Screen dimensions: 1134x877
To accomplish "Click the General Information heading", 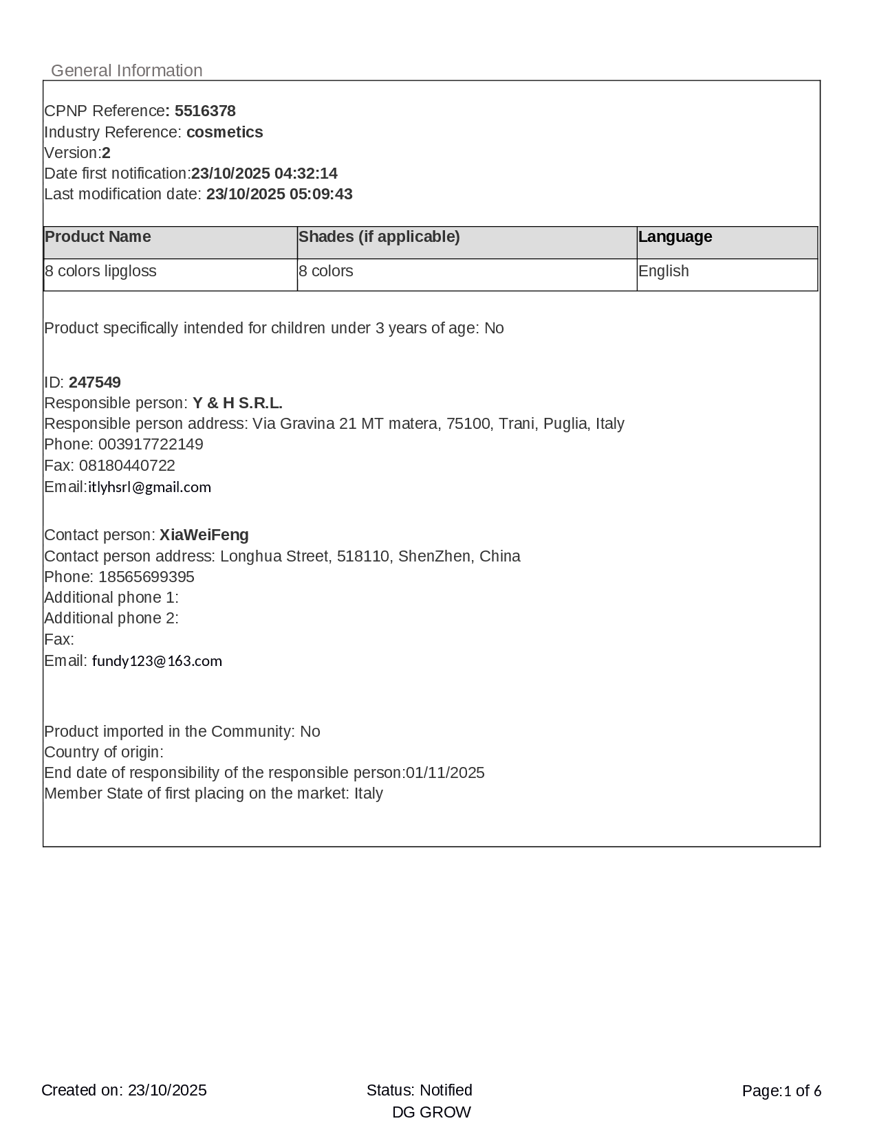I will [x=127, y=71].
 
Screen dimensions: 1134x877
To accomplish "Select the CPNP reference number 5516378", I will [x=205, y=111].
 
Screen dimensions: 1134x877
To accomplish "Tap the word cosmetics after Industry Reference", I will [x=224, y=132].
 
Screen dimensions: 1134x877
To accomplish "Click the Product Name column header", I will [x=98, y=237].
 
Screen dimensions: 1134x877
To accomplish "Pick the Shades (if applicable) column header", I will [x=379, y=237].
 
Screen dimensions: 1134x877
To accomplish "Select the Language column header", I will [x=675, y=237].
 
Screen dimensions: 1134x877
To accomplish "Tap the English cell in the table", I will [x=663, y=271].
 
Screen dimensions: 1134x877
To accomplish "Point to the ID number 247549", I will [x=95, y=383].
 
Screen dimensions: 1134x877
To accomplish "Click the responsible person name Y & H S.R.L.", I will [x=237, y=403].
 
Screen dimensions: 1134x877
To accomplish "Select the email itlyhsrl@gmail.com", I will [x=149, y=487].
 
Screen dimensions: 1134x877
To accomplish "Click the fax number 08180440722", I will [x=127, y=466].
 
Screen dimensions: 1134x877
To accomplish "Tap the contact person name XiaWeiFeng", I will [x=204, y=535].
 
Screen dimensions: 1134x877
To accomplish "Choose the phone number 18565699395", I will [x=147, y=577].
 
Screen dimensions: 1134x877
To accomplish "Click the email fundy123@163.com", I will [x=157, y=661].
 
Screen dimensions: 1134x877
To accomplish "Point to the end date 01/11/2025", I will [x=445, y=773].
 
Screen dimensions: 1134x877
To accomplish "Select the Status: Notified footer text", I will [x=419, y=1091].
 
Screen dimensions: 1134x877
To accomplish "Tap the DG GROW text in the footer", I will [x=431, y=1113].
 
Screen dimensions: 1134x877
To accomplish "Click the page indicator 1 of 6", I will [x=803, y=1091].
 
